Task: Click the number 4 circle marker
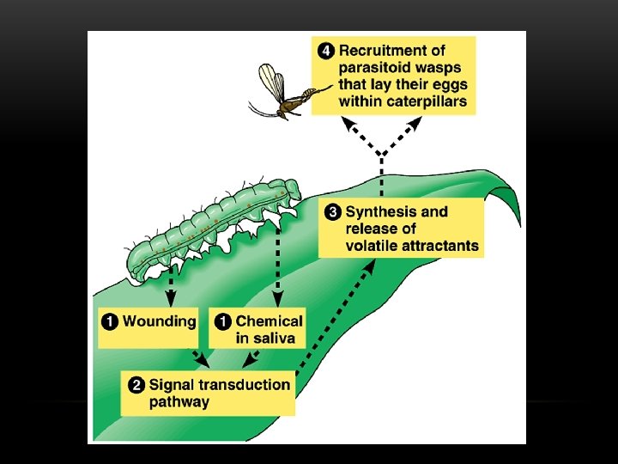[x=325, y=51]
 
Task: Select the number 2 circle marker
[x=136, y=384]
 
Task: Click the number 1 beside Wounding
[x=111, y=321]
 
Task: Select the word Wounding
[x=160, y=321]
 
